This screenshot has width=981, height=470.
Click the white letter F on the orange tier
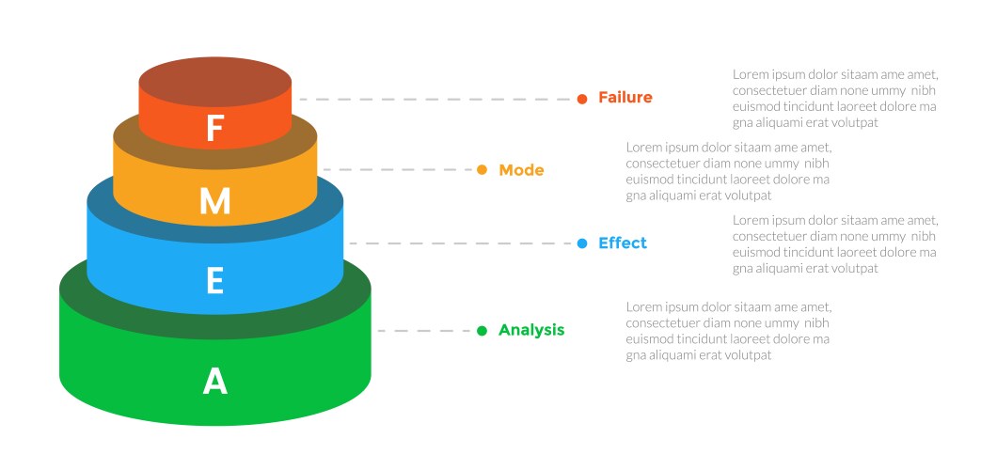pyautogui.click(x=214, y=129)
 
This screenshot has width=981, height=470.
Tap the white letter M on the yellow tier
pyautogui.click(x=214, y=201)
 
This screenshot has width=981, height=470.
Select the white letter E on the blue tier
pyautogui.click(x=214, y=281)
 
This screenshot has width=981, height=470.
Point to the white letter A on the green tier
pyautogui.click(x=215, y=381)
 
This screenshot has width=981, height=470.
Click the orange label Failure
pyautogui.click(x=625, y=98)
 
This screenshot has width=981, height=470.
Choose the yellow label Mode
pyautogui.click(x=521, y=170)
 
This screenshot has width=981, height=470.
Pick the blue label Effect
pyautogui.click(x=623, y=243)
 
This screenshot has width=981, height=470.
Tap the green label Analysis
pyautogui.click(x=531, y=330)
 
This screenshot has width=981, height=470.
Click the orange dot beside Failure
pyautogui.click(x=582, y=99)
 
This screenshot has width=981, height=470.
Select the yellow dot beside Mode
pyautogui.click(x=482, y=170)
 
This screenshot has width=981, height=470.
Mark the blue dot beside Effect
pyautogui.click(x=581, y=243)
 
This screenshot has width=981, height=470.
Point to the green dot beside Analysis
pyautogui.click(x=482, y=331)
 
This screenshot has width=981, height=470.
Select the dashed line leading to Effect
pyautogui.click(x=461, y=243)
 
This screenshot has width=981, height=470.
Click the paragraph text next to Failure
pyautogui.click(x=835, y=98)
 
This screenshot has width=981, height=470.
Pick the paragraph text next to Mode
pyautogui.click(x=729, y=171)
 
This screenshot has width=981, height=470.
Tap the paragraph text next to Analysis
pyautogui.click(x=729, y=331)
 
